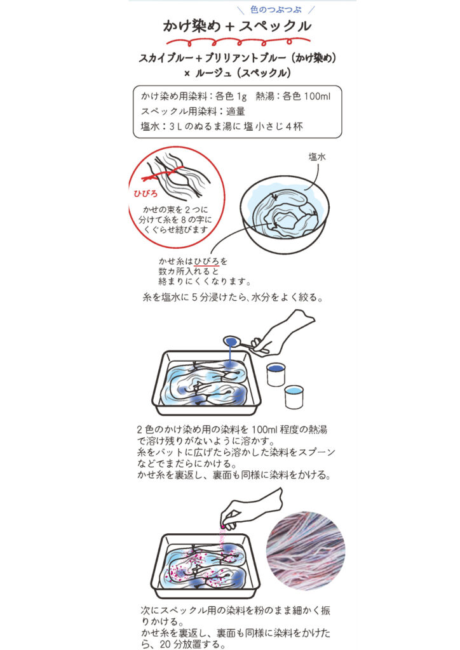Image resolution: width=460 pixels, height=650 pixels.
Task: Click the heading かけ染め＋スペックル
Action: [236, 27]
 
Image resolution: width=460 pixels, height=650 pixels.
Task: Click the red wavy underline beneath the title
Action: [236, 43]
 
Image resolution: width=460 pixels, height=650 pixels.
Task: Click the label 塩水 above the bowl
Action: [317, 157]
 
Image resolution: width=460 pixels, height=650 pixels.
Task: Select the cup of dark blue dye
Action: [276, 374]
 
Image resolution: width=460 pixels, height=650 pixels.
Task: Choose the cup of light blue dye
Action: [294, 397]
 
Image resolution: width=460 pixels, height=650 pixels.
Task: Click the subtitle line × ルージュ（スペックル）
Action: [236, 72]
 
